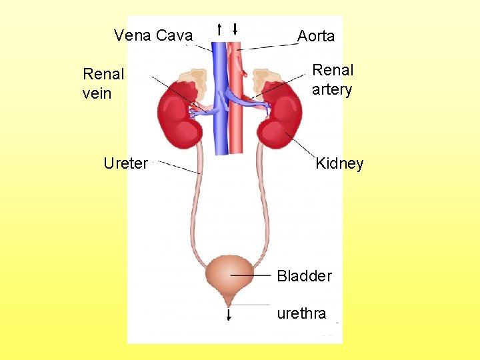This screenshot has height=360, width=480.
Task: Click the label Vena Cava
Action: coord(153,35)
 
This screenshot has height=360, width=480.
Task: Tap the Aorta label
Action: coord(315,36)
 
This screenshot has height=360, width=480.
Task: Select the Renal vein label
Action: coord(103,83)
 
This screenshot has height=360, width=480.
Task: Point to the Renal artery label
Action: coord(332,79)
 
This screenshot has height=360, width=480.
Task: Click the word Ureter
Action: coord(125,163)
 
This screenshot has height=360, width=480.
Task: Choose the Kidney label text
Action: coord(339,163)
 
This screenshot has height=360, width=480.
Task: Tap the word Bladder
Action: coord(304,275)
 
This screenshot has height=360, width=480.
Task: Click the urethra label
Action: coord(301,313)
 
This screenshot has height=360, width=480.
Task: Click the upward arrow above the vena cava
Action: coord(219,29)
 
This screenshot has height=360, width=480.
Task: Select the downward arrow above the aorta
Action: coord(235,29)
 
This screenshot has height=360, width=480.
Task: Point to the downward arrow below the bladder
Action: coord(229,315)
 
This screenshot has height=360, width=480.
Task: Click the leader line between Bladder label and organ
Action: coord(252,275)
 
